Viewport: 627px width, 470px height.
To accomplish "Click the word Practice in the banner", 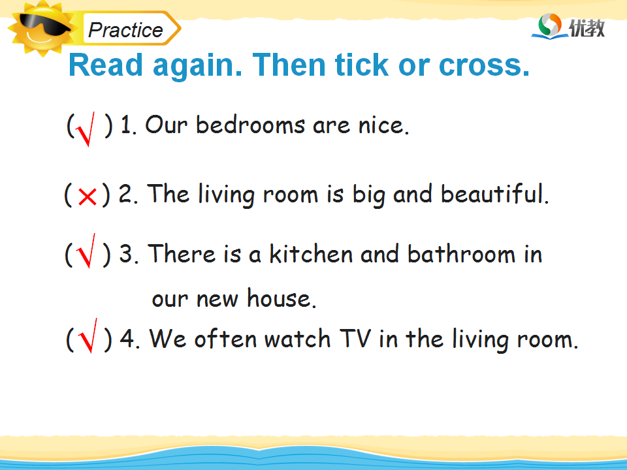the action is [x=125, y=30].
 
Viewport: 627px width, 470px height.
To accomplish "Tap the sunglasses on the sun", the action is [x=43, y=24].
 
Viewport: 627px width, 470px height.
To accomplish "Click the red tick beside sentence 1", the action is [x=86, y=129].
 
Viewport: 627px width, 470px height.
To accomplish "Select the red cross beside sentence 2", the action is [x=87, y=196].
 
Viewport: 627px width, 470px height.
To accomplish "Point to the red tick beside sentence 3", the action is [x=86, y=251].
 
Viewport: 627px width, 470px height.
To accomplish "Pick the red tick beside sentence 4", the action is [x=88, y=336].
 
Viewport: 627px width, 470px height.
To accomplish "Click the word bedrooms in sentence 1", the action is [x=250, y=125].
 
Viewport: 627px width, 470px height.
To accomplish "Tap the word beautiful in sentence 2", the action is [x=494, y=193].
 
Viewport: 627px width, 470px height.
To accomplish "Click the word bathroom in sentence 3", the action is [x=462, y=253].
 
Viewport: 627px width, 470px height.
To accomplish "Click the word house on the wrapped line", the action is [x=281, y=298].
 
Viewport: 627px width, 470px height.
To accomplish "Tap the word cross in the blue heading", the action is [x=484, y=65].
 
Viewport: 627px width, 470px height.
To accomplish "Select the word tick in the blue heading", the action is [x=361, y=64].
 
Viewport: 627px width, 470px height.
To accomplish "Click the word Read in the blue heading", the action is [x=106, y=64].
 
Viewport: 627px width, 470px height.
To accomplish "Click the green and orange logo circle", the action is [x=550, y=25].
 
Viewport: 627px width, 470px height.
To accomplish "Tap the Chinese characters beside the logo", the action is [x=587, y=28].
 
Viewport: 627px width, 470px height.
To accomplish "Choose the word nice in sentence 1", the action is [x=383, y=125].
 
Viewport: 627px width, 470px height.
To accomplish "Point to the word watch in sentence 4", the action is [x=298, y=339].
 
